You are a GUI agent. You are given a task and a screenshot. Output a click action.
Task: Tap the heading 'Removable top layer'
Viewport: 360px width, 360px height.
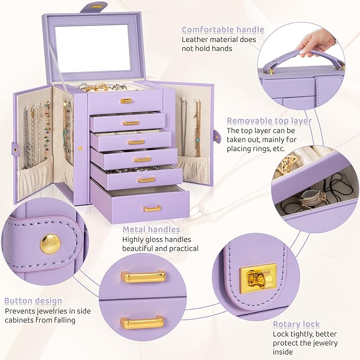coord(269,121)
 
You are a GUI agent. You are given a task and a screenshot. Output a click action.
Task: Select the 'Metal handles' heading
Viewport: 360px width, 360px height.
coord(151,230)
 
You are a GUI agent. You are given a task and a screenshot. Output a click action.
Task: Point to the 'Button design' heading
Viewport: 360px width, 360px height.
coord(33,301)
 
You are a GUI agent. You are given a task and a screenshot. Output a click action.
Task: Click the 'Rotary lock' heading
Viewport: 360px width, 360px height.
coord(296,324)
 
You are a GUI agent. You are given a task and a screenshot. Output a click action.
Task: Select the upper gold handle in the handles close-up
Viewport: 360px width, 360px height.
coord(143,276)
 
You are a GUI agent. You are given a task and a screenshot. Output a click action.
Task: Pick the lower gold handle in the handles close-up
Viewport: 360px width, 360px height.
coord(142,322)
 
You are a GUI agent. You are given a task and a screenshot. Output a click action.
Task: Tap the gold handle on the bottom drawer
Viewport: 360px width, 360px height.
coord(152,208)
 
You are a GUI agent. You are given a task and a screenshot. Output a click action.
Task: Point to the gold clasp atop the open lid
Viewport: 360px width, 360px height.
coord(97,6)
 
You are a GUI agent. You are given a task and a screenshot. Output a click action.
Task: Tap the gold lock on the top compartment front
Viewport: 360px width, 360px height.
coord(126,100)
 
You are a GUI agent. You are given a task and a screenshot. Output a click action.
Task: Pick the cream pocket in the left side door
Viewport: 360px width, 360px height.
coord(34,180)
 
